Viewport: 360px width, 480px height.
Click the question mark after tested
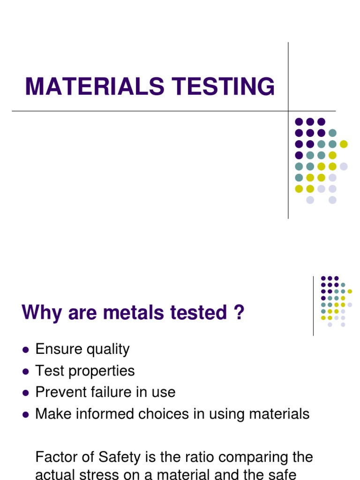[x=239, y=313]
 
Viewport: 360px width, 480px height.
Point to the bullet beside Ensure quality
[x=26, y=350]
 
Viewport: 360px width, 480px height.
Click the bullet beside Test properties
[x=26, y=371]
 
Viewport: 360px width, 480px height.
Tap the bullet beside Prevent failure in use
[x=26, y=393]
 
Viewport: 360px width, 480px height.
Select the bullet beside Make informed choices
[x=26, y=414]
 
